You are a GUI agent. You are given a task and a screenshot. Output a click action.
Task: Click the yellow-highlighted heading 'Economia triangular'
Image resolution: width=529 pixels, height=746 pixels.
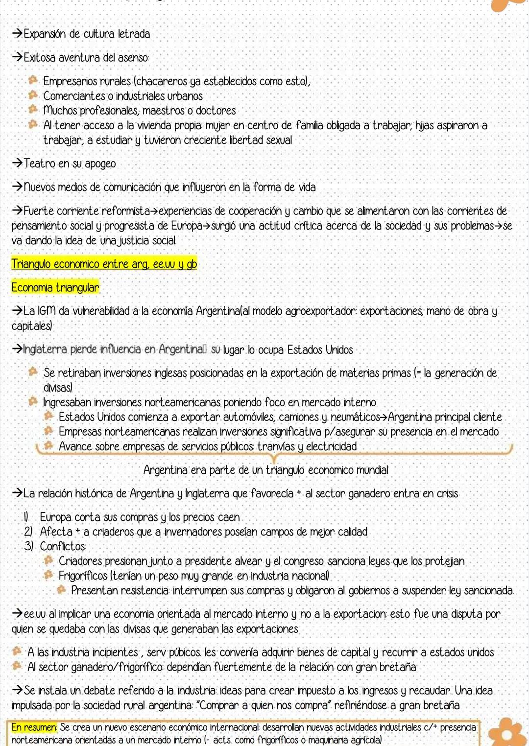(55, 287)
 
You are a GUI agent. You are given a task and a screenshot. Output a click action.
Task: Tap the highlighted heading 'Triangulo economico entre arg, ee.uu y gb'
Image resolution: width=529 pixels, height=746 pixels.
(104, 264)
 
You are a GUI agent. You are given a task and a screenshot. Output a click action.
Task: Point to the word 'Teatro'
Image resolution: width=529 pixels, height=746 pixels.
(40, 163)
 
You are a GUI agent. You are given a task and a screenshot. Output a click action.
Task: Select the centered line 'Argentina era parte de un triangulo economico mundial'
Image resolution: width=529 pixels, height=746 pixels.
(265, 470)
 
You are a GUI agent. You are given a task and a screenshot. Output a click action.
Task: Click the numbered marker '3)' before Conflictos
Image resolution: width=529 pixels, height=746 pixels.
(29, 546)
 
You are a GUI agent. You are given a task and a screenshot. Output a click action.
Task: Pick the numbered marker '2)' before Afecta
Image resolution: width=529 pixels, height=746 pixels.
(29, 532)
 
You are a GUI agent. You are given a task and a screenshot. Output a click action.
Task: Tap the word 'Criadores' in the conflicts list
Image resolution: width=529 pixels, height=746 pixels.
(80, 561)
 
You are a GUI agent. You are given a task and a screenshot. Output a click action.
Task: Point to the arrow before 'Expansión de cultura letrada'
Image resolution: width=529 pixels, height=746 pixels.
(17, 34)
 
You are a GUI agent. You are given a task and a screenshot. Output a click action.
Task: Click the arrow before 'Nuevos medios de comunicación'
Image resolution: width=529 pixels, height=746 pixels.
(17, 187)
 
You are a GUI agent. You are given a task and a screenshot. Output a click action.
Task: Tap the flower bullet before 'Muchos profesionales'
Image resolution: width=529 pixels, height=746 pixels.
(33, 110)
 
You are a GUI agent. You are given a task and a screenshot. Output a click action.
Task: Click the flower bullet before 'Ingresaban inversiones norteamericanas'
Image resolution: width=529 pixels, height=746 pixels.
(33, 401)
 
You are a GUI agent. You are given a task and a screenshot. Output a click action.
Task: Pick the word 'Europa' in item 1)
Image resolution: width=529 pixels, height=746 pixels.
(55, 517)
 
